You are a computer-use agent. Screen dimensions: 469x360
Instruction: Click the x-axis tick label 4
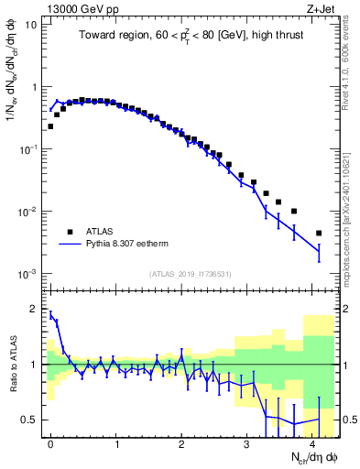coord(313,443)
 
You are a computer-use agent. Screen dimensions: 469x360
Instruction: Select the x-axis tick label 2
coord(182,443)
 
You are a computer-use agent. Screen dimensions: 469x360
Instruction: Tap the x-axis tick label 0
coord(50,443)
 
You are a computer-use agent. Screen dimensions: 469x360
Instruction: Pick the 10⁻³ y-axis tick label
coord(27,274)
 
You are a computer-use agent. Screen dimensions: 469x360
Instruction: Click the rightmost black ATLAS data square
coord(319,234)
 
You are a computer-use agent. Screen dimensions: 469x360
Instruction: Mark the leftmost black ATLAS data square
coord(50,126)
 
